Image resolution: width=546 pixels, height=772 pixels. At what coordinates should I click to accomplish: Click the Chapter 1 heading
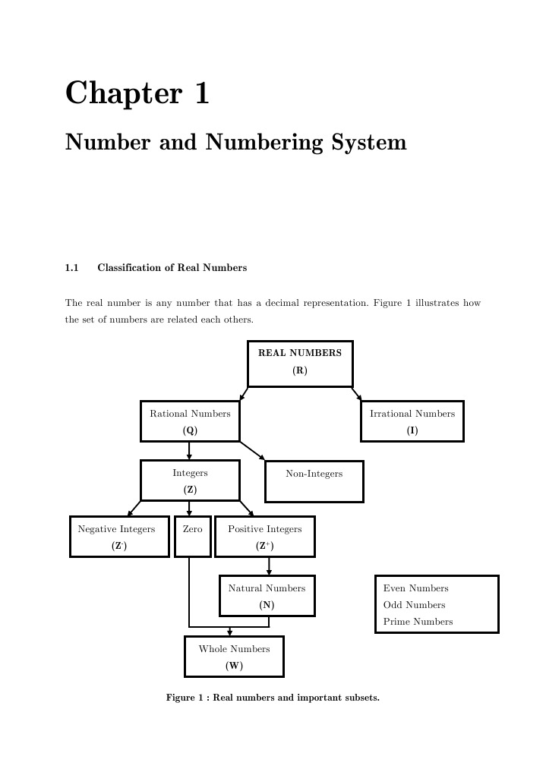pos(137,94)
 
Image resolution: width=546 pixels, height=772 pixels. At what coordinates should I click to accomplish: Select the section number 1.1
pos(72,268)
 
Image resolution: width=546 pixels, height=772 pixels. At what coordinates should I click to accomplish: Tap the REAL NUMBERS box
pos(300,364)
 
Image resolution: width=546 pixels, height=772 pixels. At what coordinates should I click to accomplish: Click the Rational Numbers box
pos(190,421)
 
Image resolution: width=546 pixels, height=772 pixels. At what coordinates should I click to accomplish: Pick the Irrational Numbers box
pos(412,421)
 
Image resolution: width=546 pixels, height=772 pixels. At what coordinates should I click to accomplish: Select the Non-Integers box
pos(314,481)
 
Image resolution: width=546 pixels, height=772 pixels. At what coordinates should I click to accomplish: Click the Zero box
pos(192,537)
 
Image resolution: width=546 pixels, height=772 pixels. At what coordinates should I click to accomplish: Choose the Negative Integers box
pos(119,537)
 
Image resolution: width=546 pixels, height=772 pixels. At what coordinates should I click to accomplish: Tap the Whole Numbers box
pos(234,657)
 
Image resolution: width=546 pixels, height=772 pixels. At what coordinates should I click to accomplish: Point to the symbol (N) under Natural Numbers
pos(267,605)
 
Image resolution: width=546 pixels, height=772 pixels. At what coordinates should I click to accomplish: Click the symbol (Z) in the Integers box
pos(190,490)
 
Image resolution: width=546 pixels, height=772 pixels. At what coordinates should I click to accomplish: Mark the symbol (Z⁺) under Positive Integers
pos(265,546)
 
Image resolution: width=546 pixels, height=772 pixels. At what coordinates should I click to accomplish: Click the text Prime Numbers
pos(418,622)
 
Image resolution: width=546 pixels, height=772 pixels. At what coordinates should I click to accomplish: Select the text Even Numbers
pos(415,588)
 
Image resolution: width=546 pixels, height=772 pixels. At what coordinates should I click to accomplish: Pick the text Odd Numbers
pos(414,605)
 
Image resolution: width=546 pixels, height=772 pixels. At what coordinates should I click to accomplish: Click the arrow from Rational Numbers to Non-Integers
pos(252,450)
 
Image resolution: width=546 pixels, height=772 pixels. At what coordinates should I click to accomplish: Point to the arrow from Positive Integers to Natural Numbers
pos(269,566)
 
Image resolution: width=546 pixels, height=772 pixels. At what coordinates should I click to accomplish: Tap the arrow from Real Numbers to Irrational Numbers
pos(356,394)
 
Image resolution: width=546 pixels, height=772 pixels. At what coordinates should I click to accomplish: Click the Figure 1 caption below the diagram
pos(273,698)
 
